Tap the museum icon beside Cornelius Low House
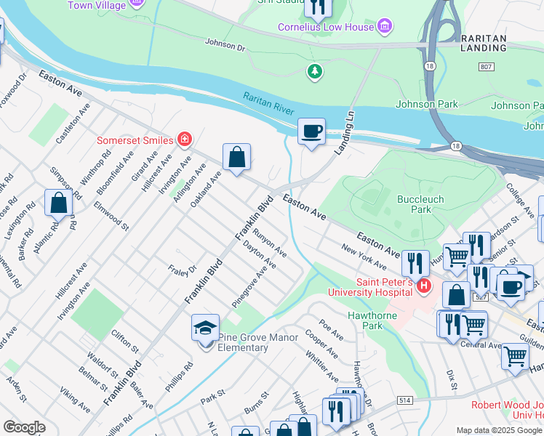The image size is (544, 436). [385, 28]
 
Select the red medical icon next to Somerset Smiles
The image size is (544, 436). [185, 140]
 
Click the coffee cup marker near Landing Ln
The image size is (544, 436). [311, 132]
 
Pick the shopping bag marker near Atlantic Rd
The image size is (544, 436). [58, 203]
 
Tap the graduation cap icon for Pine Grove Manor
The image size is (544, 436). [206, 328]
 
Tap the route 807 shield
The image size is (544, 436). [485, 67]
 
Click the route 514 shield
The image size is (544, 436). [406, 400]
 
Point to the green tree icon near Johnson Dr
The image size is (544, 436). [314, 71]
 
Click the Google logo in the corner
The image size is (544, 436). [24, 427]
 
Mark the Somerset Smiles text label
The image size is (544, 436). [136, 140]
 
